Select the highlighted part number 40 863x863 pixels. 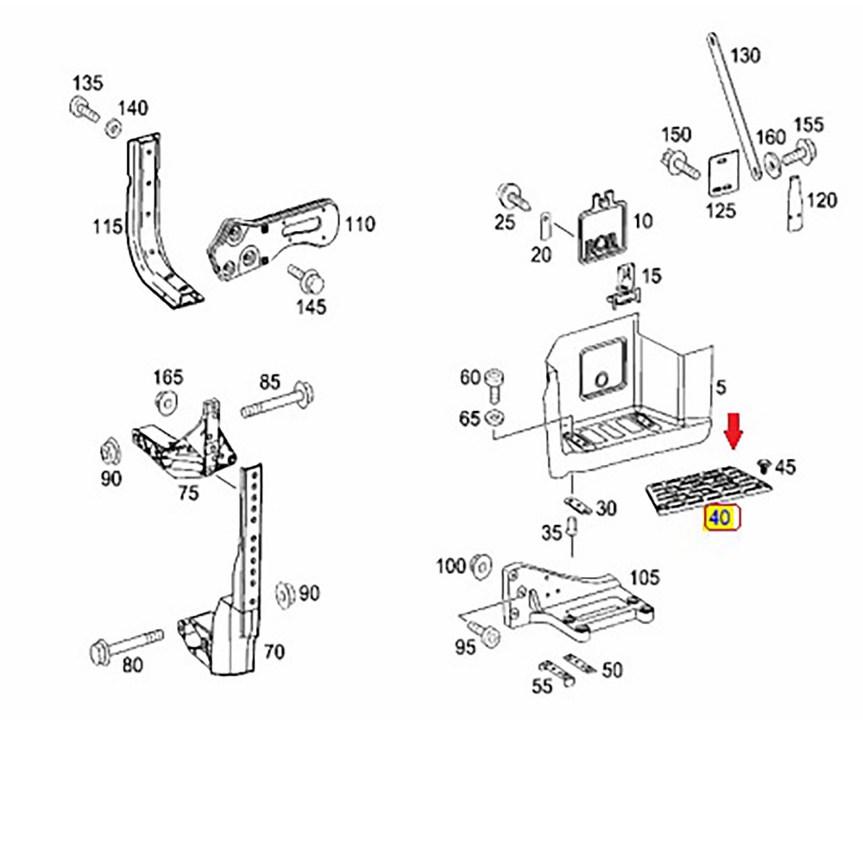click(720, 519)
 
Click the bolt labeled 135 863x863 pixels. click(81, 110)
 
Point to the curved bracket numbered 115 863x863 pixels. click(147, 216)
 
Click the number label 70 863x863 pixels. click(274, 652)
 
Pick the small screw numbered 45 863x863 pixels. click(763, 467)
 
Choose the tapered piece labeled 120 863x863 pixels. click(793, 203)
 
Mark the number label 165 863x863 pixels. click(168, 377)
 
